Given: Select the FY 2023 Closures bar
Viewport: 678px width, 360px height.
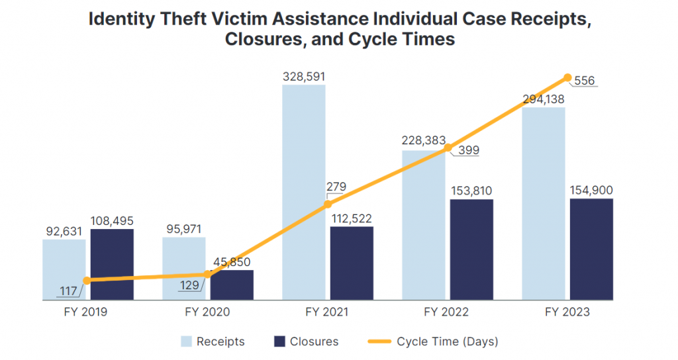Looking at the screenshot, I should (591, 249).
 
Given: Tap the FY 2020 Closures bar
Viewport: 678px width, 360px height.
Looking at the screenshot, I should (231, 285).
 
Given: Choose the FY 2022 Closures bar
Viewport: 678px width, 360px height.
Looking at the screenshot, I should (471, 249).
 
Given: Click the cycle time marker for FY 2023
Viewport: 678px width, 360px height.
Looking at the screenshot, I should (567, 77).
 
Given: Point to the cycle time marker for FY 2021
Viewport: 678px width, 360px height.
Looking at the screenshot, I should (328, 204).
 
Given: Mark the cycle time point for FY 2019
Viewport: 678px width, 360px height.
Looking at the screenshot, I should (87, 280).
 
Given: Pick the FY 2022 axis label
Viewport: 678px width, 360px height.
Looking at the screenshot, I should (447, 312).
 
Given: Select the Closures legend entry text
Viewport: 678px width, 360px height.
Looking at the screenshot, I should (314, 341).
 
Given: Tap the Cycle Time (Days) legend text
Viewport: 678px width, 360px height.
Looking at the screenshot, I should (448, 341).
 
